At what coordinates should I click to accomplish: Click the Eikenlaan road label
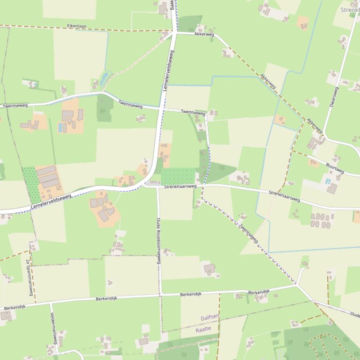[77, 26]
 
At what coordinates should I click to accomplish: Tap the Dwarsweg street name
[333, 97]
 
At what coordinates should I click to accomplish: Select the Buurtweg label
[335, 168]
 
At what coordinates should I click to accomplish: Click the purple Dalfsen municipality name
[209, 318]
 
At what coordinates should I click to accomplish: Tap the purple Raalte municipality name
[203, 329]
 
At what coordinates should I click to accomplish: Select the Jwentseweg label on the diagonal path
[248, 232]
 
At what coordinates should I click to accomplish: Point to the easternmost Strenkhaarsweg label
[284, 196]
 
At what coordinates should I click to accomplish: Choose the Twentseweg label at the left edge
[15, 106]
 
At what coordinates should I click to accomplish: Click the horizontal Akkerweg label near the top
[204, 34]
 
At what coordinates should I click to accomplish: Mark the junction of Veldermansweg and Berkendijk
[50, 303]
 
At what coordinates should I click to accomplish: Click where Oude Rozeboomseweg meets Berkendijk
[160, 295]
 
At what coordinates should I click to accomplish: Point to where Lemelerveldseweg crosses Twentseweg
[161, 108]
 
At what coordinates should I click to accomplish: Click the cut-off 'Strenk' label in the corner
[350, 10]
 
